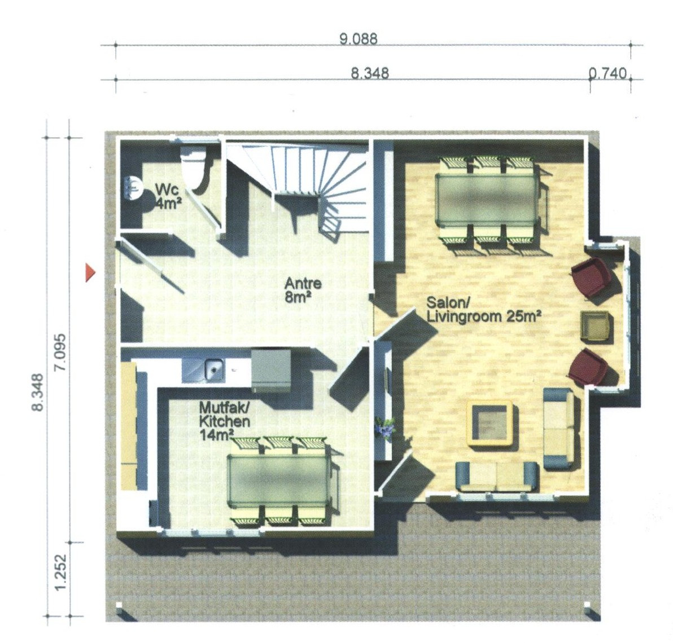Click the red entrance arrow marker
coord(89,272)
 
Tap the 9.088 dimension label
coord(359,39)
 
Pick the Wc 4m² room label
coord(167,196)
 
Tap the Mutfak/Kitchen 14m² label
coord(225,421)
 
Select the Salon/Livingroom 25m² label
coord(483,310)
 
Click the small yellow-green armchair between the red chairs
coord(595,326)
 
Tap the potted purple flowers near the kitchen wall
coord(384,428)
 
